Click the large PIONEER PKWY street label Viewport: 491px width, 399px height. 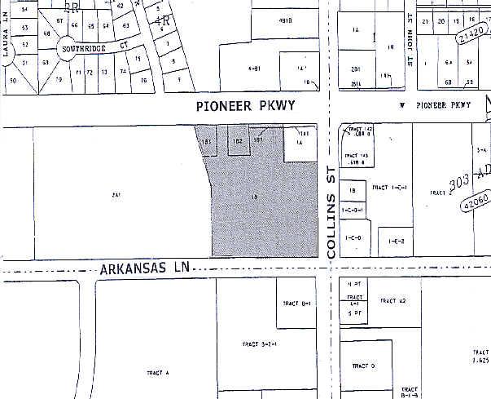pos(245,107)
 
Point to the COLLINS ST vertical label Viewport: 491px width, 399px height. pos(331,221)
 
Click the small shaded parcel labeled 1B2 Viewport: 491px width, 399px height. pos(237,140)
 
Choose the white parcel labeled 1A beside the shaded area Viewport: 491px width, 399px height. pos(299,144)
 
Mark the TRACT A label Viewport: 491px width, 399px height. pos(157,373)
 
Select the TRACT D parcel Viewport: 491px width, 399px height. pos(366,366)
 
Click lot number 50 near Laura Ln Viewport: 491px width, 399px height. pos(12,81)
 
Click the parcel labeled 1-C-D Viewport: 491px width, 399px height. pos(353,238)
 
